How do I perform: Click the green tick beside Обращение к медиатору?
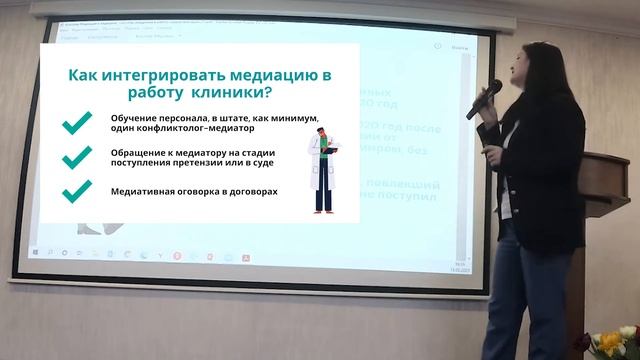point(75,157)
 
